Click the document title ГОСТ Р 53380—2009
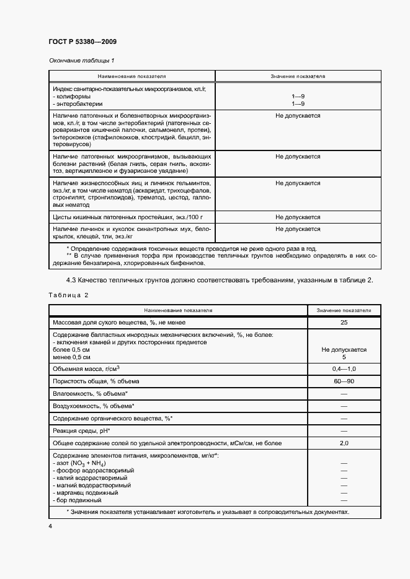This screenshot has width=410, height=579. click(82, 41)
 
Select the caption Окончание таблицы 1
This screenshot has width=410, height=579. click(81, 60)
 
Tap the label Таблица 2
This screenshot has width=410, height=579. click(68, 295)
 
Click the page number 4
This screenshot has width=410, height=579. click(50, 526)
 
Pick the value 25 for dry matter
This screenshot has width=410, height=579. click(344, 323)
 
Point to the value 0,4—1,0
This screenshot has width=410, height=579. click(344, 368)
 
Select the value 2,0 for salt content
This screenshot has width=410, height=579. click(344, 443)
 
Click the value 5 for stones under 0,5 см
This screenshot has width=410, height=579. click(344, 357)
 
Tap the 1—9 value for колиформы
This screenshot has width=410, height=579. click(298, 97)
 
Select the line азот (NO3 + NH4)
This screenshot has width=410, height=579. click(80, 463)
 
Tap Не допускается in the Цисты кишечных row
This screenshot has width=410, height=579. click(298, 217)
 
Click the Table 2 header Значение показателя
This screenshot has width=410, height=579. click(344, 309)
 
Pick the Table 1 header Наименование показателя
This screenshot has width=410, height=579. click(131, 76)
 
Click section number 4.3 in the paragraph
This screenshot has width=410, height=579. click(61, 280)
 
